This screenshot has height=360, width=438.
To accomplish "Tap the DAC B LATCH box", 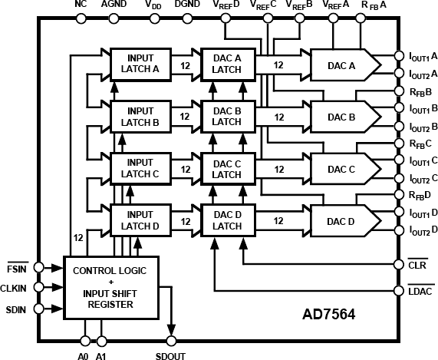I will (227, 115).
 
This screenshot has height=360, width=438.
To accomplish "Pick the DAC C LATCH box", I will (227, 168).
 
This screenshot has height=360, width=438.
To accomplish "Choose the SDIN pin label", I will (17, 310).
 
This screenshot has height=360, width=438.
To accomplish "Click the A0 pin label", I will (84, 355).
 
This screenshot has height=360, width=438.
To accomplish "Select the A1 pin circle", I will (101, 339).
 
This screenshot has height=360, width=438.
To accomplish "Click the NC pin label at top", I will (81, 4).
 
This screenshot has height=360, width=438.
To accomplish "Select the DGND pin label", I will (188, 4).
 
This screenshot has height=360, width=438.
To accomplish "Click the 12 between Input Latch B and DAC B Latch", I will (184, 116).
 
